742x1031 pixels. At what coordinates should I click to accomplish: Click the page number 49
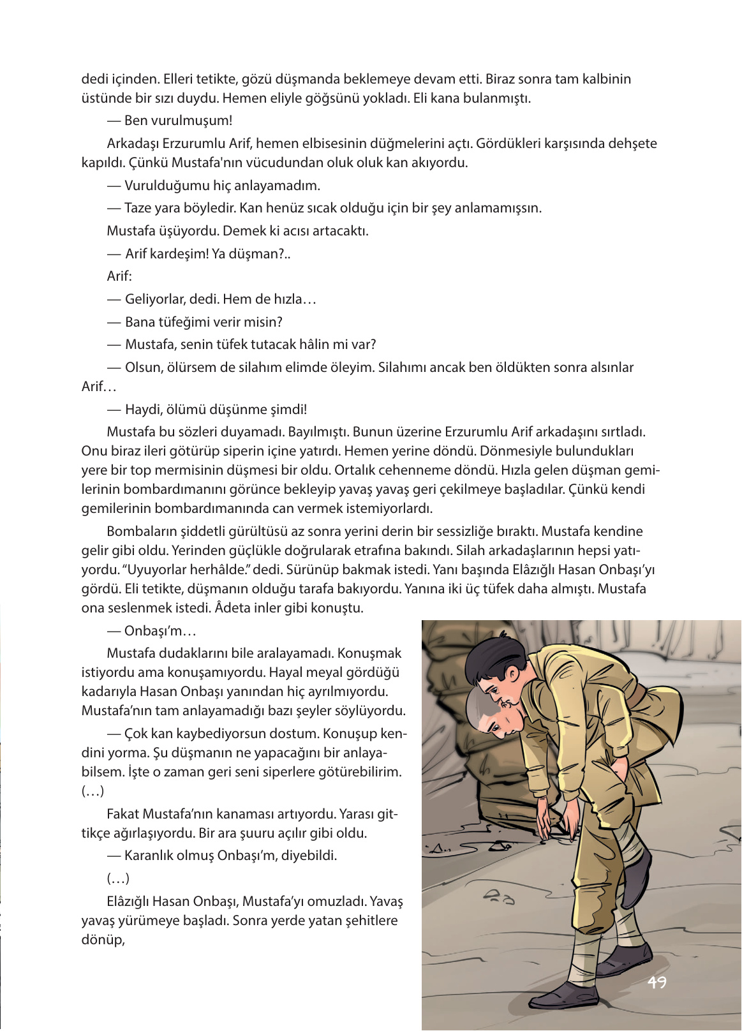[657, 982]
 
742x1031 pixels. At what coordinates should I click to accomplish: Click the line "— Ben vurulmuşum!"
[170, 121]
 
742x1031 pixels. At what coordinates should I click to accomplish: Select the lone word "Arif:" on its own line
[119, 276]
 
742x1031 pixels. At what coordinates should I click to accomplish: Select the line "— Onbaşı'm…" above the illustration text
[152, 631]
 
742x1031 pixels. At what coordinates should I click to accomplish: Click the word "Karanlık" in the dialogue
[149, 856]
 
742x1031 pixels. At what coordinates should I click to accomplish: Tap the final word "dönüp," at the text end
[103, 940]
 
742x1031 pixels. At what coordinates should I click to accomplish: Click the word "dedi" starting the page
[94, 79]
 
